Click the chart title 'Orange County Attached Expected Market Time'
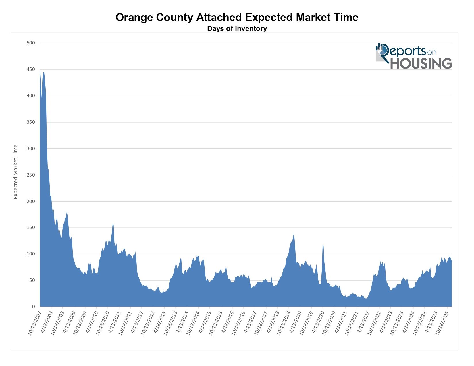(x=237, y=18)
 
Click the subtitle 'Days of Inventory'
(x=237, y=29)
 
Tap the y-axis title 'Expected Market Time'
(x=16, y=172)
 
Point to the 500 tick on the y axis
(x=31, y=43)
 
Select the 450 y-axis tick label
(x=31, y=69)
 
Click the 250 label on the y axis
(x=31, y=175)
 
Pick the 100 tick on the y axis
(x=31, y=254)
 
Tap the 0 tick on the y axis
(x=33, y=307)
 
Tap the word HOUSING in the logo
(x=421, y=63)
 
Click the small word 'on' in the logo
(x=431, y=52)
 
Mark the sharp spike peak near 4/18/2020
(x=323, y=245)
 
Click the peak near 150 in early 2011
(x=113, y=224)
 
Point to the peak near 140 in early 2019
(x=294, y=233)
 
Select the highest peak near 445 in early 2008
(x=43, y=72)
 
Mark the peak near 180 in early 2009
(x=67, y=212)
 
